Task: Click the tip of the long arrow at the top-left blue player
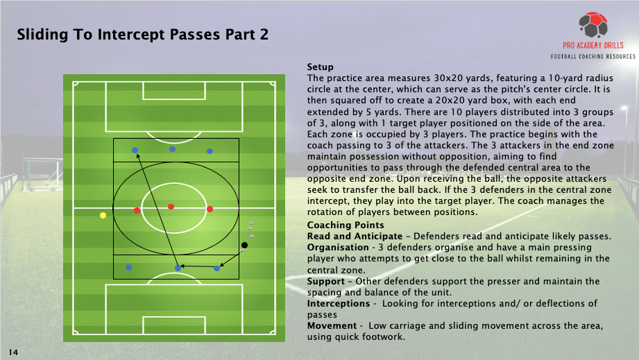[x=137, y=153]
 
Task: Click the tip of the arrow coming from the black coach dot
[x=220, y=266]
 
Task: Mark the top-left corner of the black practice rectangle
[x=113, y=139]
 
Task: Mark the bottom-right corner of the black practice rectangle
[x=239, y=279]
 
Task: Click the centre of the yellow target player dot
[x=103, y=215]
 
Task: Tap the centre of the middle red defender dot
[x=171, y=207]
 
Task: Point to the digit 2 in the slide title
[x=264, y=35]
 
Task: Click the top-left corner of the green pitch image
[x=63, y=74]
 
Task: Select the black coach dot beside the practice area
[x=244, y=245]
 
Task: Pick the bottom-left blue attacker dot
[x=129, y=268]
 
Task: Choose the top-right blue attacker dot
[x=210, y=151]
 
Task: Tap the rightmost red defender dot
[x=210, y=209]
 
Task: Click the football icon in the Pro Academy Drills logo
[x=593, y=25]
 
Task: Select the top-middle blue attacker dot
[x=172, y=149]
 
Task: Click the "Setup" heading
[x=321, y=67]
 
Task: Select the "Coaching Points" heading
[x=346, y=225]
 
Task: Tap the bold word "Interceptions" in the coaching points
[x=339, y=303]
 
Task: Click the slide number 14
[x=13, y=352]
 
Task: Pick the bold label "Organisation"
[x=336, y=248]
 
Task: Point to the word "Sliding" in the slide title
[x=42, y=35]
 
